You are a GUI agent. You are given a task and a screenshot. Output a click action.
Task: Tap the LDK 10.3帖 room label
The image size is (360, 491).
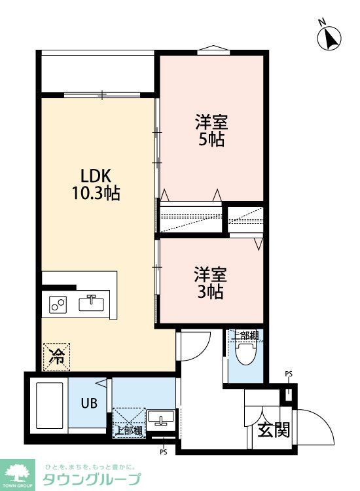point(96,185)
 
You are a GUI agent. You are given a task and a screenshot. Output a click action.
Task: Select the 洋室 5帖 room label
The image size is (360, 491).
point(211,131)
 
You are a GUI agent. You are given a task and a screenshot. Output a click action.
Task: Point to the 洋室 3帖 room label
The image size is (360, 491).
point(211,283)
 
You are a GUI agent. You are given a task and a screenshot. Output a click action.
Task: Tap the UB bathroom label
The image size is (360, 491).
point(89,403)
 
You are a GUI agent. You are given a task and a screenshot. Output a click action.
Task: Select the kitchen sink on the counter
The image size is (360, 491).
point(92,303)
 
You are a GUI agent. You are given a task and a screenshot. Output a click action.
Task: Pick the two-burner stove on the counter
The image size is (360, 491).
point(58,304)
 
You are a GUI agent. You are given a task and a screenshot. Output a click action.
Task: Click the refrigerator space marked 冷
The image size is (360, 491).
point(56,357)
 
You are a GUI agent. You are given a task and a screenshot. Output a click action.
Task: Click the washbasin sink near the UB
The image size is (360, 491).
point(161,418)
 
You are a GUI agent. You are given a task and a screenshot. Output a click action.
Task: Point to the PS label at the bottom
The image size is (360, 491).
point(164,452)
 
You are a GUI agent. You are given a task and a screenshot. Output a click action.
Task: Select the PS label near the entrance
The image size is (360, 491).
point(289,374)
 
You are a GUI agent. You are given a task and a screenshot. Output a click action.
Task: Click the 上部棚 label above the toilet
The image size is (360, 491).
point(245,335)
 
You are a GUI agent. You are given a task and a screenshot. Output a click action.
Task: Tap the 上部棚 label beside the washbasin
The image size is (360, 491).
point(129,431)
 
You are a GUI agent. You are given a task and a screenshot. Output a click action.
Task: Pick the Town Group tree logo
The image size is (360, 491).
point(17,475)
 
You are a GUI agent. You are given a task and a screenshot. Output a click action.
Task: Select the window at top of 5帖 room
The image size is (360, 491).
point(214,50)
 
